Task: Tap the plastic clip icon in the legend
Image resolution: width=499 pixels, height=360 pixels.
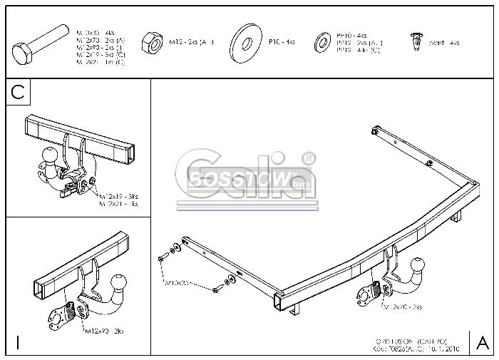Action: coord(413,42)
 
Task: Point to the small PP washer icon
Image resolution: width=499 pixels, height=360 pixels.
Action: coord(322,42)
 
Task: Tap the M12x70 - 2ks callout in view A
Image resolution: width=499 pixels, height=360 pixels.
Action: coord(402,307)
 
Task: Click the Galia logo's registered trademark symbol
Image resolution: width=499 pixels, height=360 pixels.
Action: coord(307,155)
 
